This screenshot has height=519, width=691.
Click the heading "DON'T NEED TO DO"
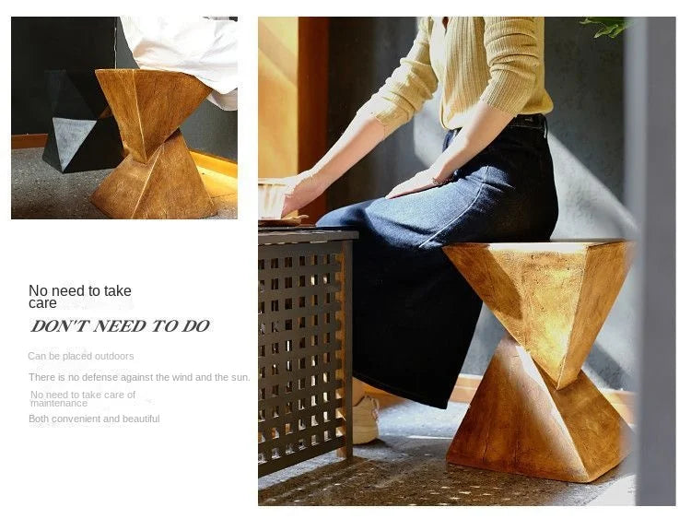120,325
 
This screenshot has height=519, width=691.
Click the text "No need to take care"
80,296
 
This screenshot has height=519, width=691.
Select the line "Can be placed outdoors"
81,356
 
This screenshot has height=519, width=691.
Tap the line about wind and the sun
139,377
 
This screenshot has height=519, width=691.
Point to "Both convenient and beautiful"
94,419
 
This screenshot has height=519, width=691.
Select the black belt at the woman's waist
527,121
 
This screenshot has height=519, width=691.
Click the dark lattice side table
304,350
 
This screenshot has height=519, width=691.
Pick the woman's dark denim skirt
433,277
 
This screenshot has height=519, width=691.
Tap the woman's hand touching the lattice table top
299,195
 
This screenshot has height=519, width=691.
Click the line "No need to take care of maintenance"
83,398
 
